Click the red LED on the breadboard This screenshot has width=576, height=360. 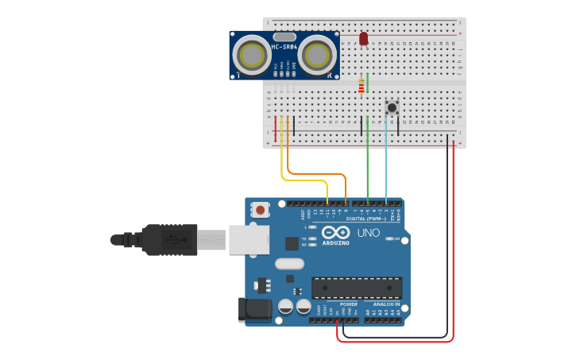pyautogui.click(x=364, y=38)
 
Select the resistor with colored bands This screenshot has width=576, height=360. pyautogui.click(x=361, y=86)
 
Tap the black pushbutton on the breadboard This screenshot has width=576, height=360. pyautogui.click(x=392, y=107)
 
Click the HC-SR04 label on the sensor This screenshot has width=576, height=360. pyautogui.click(x=284, y=47)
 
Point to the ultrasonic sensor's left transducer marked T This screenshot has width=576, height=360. pyautogui.click(x=252, y=56)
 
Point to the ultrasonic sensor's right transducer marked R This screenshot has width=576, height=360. pyautogui.click(x=316, y=56)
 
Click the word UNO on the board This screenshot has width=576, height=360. pyautogui.click(x=368, y=233)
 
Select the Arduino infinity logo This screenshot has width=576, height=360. pyautogui.click(x=335, y=232)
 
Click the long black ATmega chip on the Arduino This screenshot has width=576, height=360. pyautogui.click(x=357, y=288)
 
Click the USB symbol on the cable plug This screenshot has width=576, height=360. pyautogui.click(x=169, y=238)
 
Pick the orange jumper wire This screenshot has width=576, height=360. pyautogui.click(x=318, y=172)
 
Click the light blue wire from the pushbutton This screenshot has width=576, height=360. pyautogui.click(x=386, y=159)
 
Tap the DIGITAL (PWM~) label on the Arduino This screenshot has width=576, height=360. pyautogui.click(x=368, y=218)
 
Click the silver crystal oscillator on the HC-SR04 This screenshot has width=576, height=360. pyautogui.click(x=284, y=37)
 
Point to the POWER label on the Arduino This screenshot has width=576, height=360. pyautogui.click(x=348, y=304)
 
